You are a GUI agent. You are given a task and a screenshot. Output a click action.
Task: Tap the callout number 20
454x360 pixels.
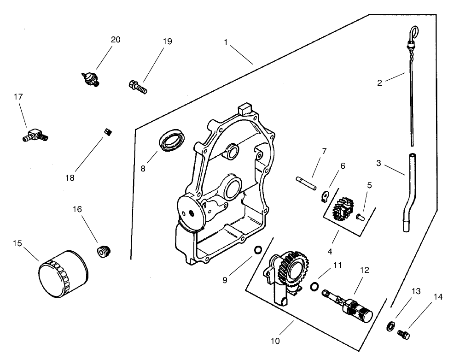tap(116, 40)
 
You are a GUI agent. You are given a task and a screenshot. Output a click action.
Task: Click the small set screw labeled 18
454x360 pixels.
tap(109, 132)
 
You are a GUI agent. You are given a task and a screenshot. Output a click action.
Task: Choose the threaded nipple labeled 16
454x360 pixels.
tap(105, 251)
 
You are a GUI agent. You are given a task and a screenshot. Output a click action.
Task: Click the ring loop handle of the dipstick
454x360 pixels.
tap(414, 32)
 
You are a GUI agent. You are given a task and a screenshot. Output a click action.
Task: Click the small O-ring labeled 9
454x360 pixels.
tap(258, 250)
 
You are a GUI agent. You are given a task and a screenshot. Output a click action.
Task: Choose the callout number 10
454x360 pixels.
tap(276, 341)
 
